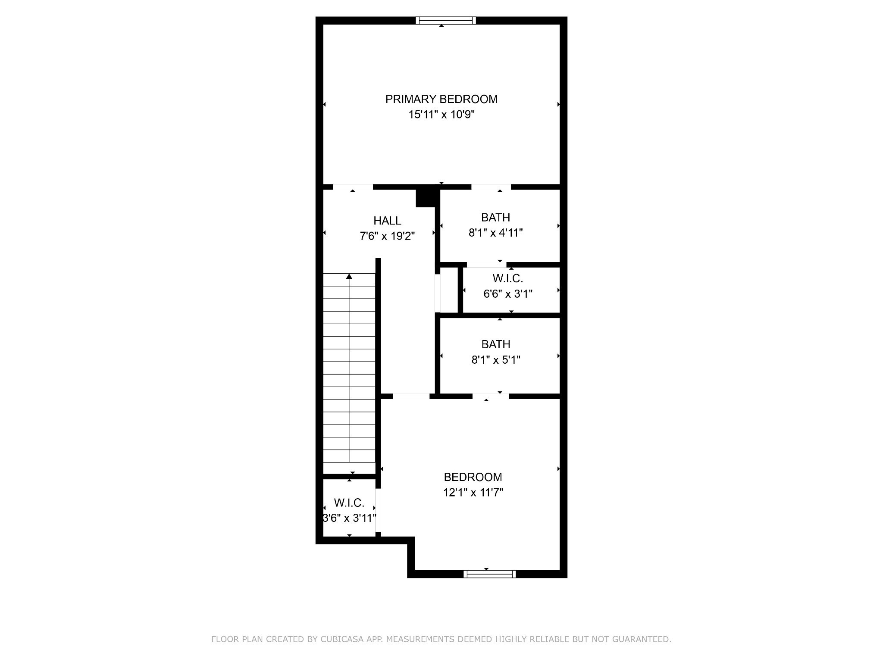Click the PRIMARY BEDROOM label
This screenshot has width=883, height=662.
[441, 99]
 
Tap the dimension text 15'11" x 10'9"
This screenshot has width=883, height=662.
[441, 115]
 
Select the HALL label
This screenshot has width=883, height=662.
[387, 221]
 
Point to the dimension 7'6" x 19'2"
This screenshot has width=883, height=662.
[387, 236]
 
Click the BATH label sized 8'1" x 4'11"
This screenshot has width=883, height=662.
[496, 217]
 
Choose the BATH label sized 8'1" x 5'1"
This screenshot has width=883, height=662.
[496, 344]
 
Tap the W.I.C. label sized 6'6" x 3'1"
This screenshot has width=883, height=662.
[508, 279]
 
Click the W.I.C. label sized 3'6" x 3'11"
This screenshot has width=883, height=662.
[349, 503]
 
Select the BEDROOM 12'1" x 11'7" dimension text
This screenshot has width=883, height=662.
[473, 492]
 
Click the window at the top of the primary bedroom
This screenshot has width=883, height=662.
[446, 20]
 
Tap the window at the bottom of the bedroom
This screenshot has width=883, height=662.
[490, 574]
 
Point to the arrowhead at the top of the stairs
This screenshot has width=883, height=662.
[349, 276]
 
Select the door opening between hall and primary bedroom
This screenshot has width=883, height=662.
[353, 187]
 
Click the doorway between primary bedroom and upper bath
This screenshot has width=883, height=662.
[491, 187]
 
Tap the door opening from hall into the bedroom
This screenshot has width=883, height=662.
[411, 396]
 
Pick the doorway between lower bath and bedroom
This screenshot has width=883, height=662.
[491, 396]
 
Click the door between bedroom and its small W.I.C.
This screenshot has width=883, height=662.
[378, 510]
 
